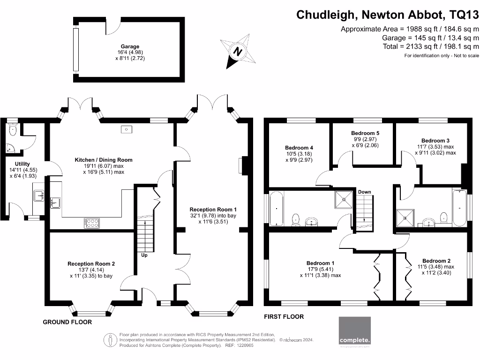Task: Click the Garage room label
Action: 130,46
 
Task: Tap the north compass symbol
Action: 238,51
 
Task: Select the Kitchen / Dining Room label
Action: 104,160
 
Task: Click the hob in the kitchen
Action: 92,223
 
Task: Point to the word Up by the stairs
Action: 145,255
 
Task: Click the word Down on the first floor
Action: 365,192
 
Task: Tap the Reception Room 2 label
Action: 91,264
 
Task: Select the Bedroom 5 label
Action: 365,133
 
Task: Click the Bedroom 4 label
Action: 299,148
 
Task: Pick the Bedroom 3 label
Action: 435,141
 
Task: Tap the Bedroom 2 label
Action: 436,261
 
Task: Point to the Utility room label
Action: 22,164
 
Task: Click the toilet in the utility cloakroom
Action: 13,130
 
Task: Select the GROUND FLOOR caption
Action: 67,322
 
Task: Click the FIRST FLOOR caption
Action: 284,317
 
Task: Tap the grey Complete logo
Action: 355,331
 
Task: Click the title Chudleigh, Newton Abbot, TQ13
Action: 388,15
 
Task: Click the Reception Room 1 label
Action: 213,210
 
